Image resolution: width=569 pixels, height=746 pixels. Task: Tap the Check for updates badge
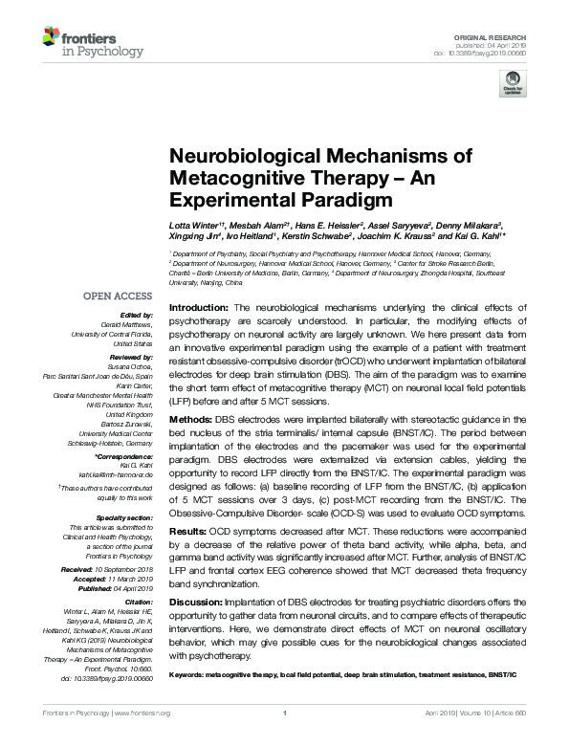pyautogui.click(x=514, y=83)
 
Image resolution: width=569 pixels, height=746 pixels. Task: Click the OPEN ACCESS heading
pyautogui.click(x=119, y=296)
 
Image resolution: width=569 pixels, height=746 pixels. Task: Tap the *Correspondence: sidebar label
pyautogui.click(x=127, y=461)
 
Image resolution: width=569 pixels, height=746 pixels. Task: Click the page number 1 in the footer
pyautogui.click(x=285, y=739)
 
